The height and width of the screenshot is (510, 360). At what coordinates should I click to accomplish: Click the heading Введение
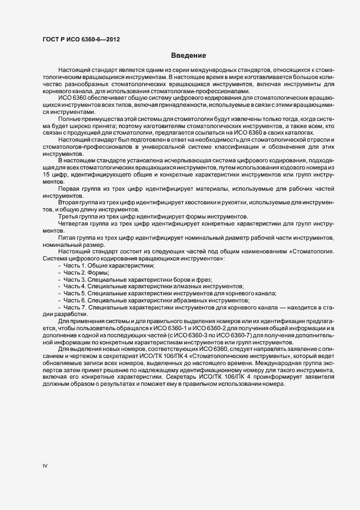click(x=188, y=56)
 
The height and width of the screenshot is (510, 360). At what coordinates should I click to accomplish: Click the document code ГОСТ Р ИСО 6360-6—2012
click(x=81, y=39)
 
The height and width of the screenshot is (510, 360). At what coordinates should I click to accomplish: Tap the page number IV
click(x=45, y=466)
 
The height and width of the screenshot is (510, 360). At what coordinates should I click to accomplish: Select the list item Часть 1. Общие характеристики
click(x=108, y=265)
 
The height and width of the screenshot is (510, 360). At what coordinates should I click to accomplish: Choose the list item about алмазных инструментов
click(x=153, y=286)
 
